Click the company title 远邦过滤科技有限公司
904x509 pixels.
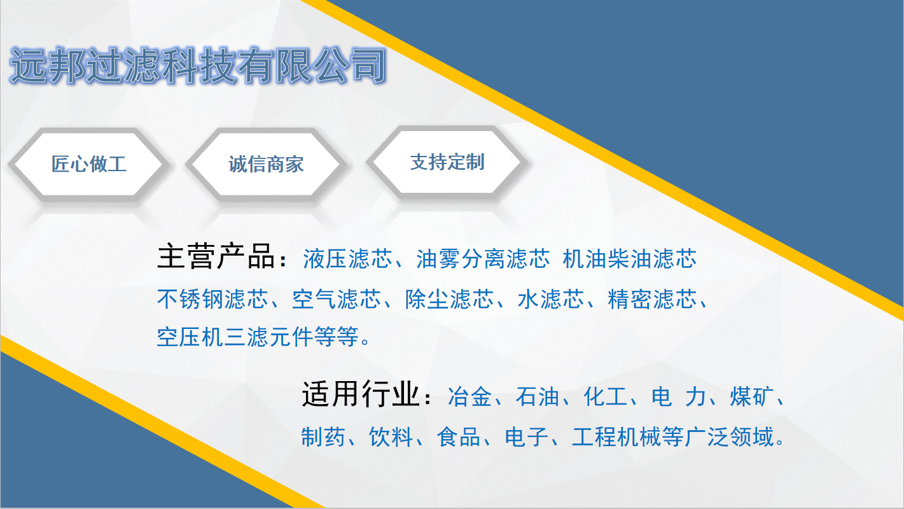[198, 66]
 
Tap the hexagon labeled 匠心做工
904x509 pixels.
[89, 164]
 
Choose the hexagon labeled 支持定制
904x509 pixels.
[447, 162]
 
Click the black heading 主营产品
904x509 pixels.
[217, 258]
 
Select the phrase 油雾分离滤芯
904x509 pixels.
[483, 259]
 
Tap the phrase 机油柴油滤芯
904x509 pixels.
[630, 259]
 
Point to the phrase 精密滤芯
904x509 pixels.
[652, 299]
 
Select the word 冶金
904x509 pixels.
[469, 398]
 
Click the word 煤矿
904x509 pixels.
[751, 398]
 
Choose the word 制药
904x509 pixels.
[324, 437]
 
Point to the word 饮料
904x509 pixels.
[392, 437]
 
